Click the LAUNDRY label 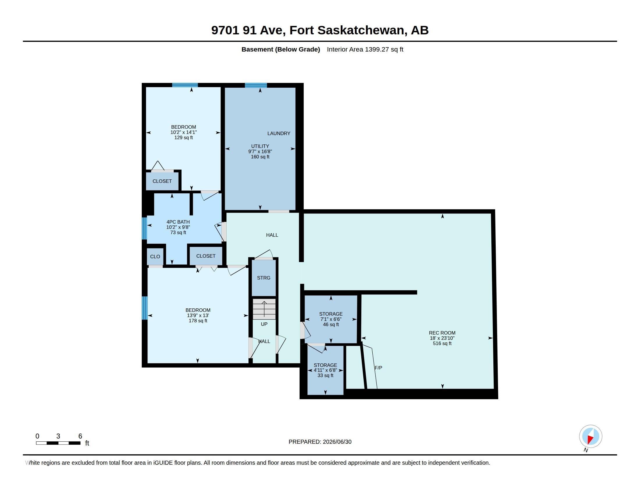click(x=279, y=133)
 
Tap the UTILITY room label click(x=260, y=146)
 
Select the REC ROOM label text click(x=442, y=333)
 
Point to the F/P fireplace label click(x=378, y=368)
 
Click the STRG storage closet click(x=264, y=278)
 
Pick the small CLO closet click(x=155, y=257)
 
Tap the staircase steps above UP click(x=264, y=309)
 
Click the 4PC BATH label click(x=178, y=222)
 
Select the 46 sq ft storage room click(x=331, y=319)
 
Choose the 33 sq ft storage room click(x=325, y=370)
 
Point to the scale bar click(x=58, y=443)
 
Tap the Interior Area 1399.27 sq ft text click(x=365, y=49)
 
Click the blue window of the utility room click(x=256, y=85)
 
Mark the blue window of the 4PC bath click(x=144, y=229)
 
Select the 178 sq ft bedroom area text click(x=198, y=321)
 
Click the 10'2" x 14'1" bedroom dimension click(x=184, y=132)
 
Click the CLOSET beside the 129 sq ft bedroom click(x=162, y=181)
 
